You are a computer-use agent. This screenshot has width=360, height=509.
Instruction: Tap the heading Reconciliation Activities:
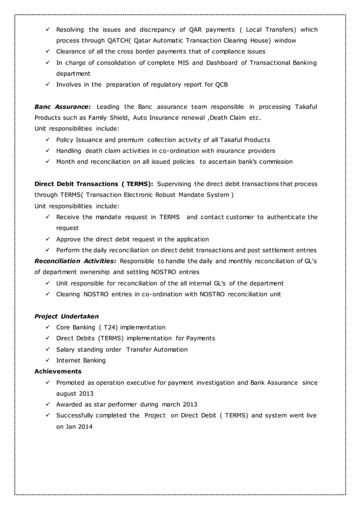(x=76, y=261)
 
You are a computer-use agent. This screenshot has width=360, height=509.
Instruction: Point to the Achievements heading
(x=58, y=371)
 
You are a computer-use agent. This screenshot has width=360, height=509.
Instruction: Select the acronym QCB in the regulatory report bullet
(x=222, y=85)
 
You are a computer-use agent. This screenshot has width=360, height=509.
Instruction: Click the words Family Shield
(x=107, y=117)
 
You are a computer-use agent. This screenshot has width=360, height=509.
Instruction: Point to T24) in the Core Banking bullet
(x=112, y=327)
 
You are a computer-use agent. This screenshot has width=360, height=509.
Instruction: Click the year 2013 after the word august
(x=86, y=393)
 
